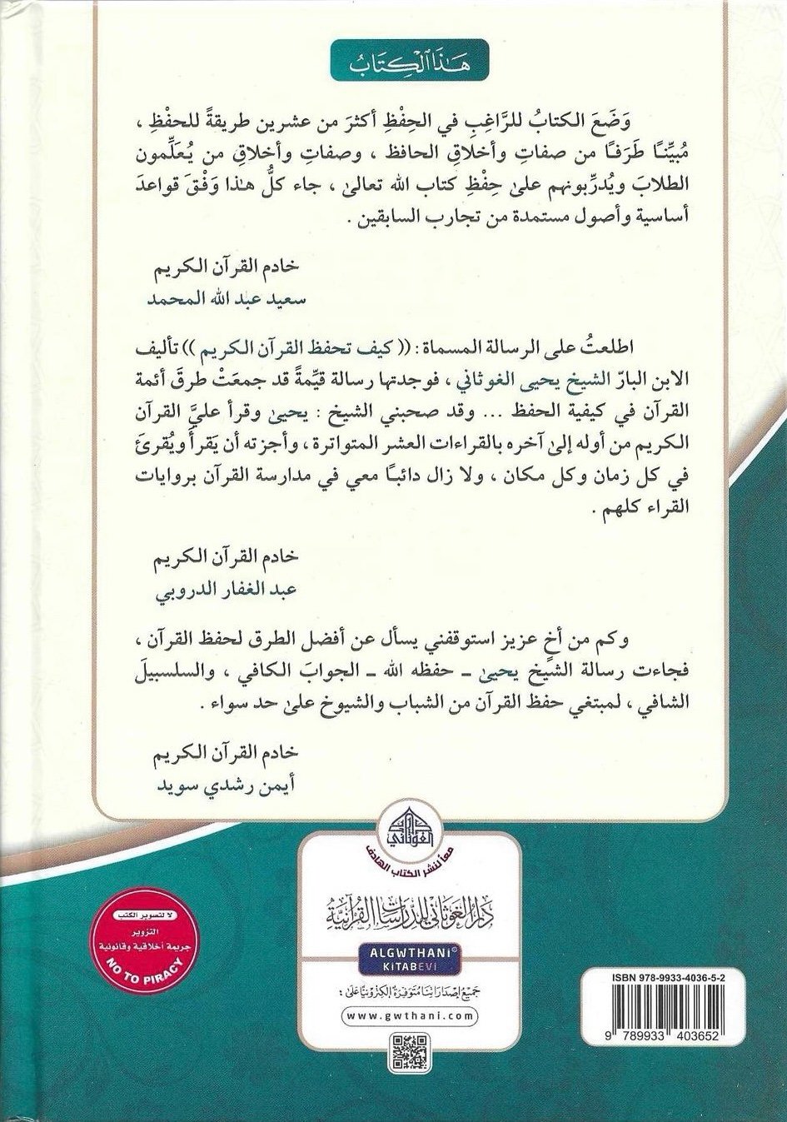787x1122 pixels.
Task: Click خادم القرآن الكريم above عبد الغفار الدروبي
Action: tap(215, 563)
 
